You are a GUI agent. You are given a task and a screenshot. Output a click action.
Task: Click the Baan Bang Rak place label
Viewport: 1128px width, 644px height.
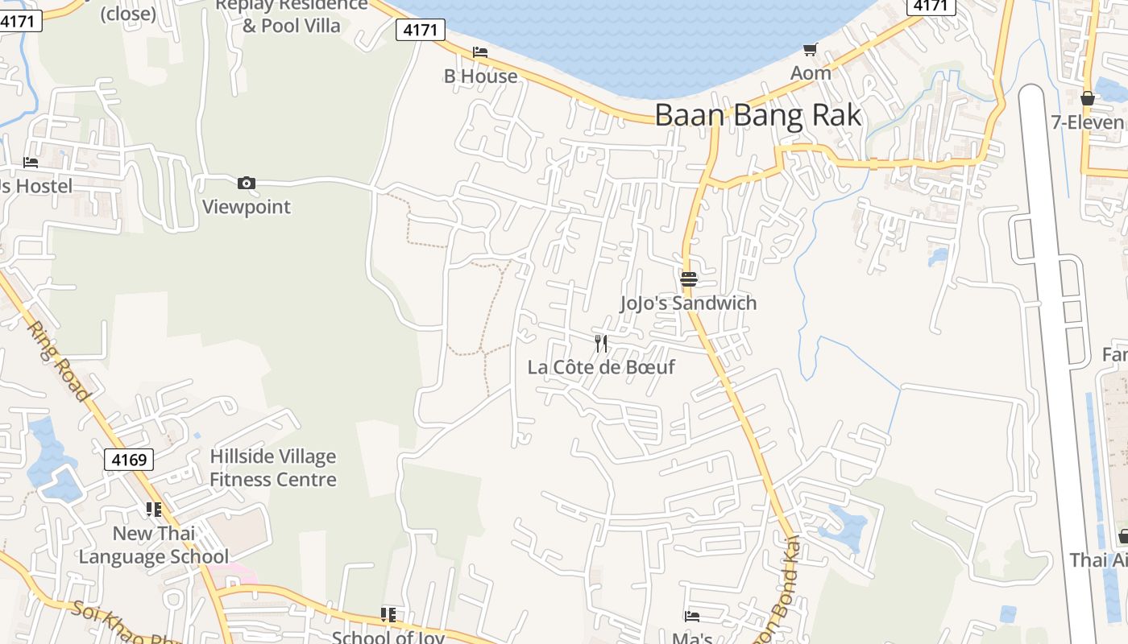[757, 115]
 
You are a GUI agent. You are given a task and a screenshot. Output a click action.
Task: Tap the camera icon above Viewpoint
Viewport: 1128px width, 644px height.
[247, 184]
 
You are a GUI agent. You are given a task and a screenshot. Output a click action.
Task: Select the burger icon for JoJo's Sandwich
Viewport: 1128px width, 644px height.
[688, 279]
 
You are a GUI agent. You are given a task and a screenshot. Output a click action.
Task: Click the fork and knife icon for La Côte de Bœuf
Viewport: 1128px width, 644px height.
[600, 344]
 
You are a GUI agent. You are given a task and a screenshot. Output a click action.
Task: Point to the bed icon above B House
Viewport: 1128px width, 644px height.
[480, 52]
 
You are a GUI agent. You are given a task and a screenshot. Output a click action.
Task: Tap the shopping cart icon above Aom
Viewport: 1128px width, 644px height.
[811, 50]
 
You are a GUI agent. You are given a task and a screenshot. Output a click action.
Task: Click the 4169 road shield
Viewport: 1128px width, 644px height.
[129, 460]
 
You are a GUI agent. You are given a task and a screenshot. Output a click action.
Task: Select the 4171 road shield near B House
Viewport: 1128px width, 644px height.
[421, 31]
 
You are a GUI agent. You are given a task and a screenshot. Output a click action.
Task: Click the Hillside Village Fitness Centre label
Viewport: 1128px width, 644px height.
[273, 468]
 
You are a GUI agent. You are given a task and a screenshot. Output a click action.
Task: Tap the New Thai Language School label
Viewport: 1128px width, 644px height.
[153, 545]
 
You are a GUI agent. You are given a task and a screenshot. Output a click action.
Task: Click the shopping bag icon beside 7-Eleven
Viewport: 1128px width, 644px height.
[1087, 99]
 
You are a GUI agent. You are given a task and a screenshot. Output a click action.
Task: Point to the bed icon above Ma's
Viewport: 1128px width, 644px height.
[691, 617]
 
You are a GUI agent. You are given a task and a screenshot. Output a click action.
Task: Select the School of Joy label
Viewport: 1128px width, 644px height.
[388, 637]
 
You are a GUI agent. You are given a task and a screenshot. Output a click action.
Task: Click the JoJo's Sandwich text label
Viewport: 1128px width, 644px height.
[688, 303]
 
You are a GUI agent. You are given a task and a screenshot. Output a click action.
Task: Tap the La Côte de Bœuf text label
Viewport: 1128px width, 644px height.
[601, 367]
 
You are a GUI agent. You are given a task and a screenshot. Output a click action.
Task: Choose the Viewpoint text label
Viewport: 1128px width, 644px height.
[246, 207]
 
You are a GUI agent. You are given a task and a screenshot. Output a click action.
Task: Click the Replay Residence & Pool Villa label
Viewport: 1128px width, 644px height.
[291, 15]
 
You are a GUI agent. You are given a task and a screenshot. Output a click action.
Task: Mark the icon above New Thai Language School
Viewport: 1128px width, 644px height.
[153, 510]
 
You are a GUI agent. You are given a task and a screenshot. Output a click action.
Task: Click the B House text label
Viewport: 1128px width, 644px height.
[481, 76]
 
